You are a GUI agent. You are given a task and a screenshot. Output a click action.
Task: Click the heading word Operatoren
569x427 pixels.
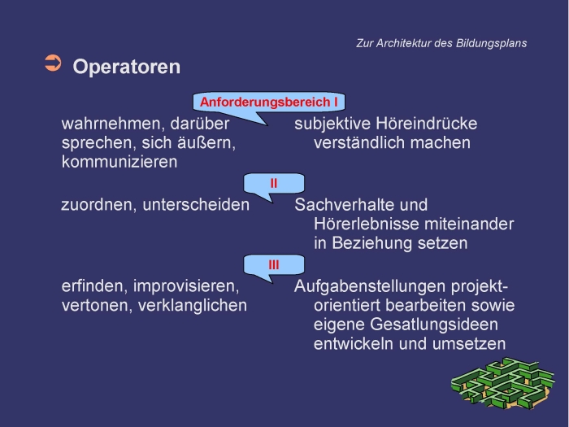click(x=126, y=67)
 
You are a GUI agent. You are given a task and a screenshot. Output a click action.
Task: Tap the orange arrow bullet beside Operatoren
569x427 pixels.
click(x=53, y=63)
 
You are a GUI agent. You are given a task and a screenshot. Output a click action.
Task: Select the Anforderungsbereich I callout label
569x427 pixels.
click(x=268, y=102)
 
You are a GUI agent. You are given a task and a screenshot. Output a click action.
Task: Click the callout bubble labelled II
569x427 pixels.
click(x=274, y=183)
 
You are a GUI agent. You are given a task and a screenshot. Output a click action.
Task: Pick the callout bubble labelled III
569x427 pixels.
click(x=274, y=264)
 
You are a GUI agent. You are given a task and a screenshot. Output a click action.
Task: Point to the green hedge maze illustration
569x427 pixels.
click(x=503, y=383)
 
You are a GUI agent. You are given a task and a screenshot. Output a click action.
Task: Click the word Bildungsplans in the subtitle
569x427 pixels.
click(x=491, y=43)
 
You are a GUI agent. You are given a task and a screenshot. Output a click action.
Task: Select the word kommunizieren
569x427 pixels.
click(x=119, y=162)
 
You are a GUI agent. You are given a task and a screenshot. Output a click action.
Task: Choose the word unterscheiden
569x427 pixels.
click(x=196, y=205)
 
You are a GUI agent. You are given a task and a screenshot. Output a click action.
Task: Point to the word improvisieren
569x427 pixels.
click(x=186, y=286)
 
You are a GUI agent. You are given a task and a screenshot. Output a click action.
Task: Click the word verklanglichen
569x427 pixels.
click(x=193, y=305)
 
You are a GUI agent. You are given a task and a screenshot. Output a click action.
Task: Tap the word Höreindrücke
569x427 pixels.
click(x=427, y=124)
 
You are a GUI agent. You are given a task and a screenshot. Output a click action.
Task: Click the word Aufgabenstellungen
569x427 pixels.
click(x=370, y=286)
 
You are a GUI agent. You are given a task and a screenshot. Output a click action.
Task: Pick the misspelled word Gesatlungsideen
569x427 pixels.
click(x=434, y=325)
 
